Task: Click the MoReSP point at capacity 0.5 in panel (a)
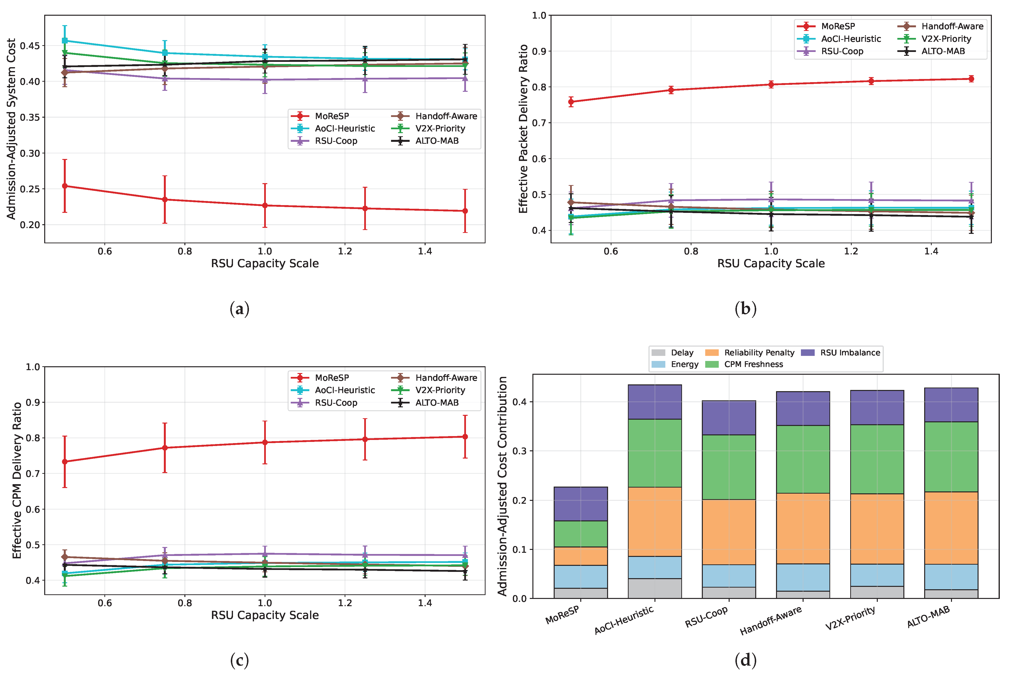(x=65, y=186)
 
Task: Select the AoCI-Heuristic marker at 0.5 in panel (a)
(x=65, y=41)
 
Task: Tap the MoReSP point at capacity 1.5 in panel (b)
(x=971, y=79)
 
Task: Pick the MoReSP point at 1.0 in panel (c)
(x=265, y=442)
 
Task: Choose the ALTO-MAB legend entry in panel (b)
(x=931, y=51)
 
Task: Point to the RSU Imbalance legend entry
(x=841, y=353)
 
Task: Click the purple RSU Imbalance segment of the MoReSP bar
(x=581, y=504)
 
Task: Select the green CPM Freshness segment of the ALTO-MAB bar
(x=951, y=457)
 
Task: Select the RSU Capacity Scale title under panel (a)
(x=265, y=263)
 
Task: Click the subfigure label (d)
(x=746, y=660)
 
